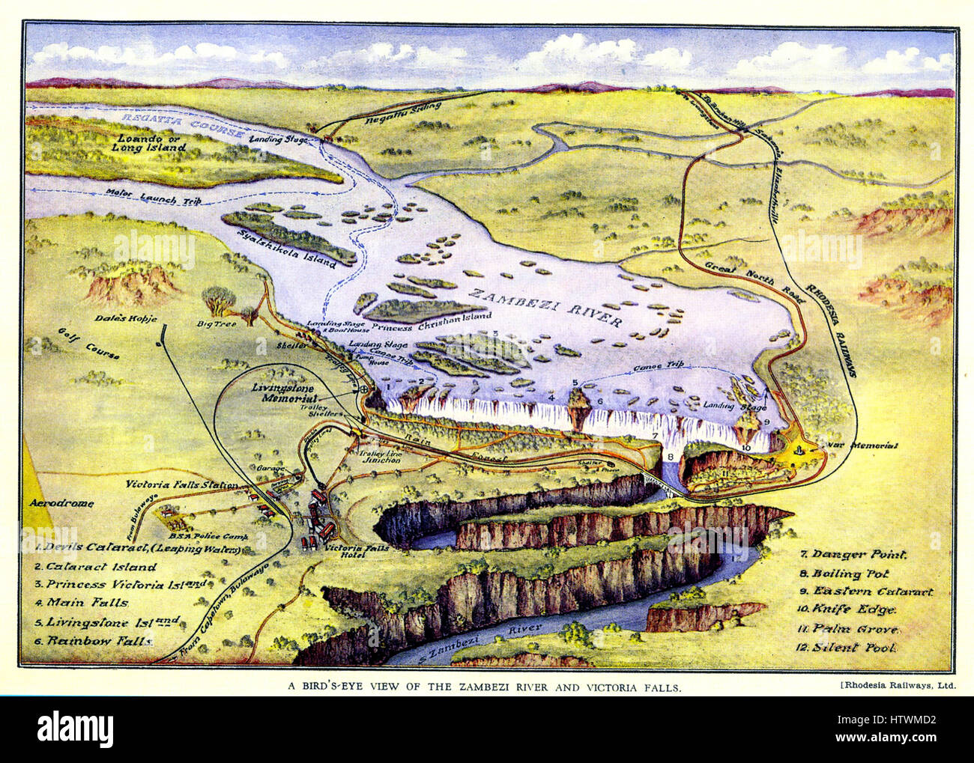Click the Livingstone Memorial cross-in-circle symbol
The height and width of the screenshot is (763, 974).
363,390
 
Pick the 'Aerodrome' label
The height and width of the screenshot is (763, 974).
61,503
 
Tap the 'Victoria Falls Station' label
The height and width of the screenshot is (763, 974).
182,484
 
